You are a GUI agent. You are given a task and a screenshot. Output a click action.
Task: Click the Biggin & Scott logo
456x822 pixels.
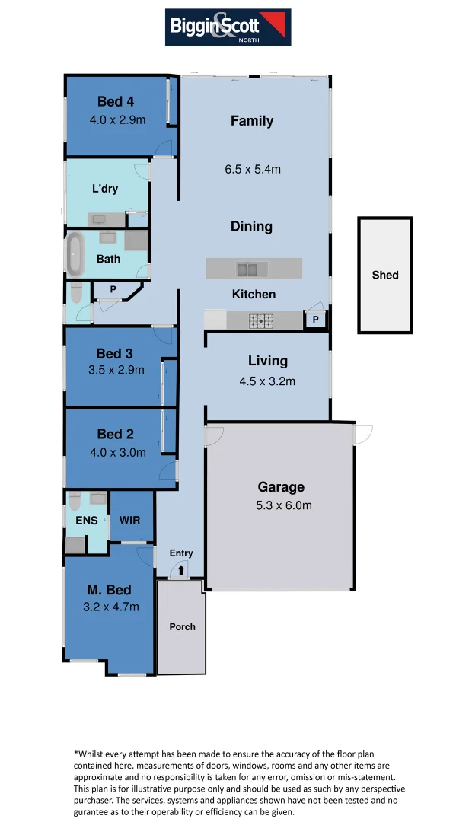coord(228,27)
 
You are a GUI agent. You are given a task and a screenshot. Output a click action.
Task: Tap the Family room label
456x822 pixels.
coord(252,121)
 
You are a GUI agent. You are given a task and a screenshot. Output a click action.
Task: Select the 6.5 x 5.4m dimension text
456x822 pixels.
coord(253,169)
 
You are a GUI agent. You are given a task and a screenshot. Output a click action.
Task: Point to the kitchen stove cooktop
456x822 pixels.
coord(261,321)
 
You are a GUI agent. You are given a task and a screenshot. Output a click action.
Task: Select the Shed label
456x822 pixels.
coord(385,275)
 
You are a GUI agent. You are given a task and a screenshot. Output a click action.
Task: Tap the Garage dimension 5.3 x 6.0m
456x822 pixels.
coord(281,505)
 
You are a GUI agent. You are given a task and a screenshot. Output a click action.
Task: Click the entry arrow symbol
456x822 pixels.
coord(181,569)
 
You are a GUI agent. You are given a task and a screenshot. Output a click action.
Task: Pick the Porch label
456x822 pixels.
coord(182,626)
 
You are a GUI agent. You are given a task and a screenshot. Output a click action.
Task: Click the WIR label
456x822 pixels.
coord(131,521)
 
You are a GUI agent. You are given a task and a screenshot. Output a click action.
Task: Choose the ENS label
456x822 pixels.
coord(87,521)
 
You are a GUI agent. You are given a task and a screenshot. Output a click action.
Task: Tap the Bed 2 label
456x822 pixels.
coord(116,434)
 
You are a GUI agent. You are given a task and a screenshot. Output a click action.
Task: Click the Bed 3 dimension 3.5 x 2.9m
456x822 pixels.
coord(116,370)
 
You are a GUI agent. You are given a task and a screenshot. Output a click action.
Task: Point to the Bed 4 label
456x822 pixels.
coord(116,102)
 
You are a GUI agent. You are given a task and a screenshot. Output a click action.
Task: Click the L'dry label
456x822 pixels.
coord(105,188)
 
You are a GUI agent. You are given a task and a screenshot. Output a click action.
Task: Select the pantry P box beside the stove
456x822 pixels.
coord(315,320)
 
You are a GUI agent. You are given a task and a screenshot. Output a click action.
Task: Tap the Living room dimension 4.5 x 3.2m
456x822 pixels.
coord(268,381)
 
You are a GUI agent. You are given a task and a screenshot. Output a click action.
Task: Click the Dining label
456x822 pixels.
coord(252,227)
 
